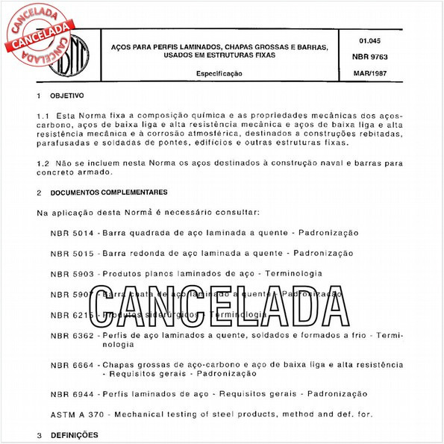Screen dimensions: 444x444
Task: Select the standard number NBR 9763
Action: [x=369, y=57]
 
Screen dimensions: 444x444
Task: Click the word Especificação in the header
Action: [x=219, y=74]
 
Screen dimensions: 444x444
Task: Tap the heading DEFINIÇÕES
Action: [x=74, y=434]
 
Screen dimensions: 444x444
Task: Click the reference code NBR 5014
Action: [x=72, y=233]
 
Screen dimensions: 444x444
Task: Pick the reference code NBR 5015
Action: [x=72, y=253]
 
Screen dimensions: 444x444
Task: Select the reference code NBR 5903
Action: [x=72, y=274]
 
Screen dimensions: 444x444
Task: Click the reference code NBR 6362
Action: [x=72, y=336]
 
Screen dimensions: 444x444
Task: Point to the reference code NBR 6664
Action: [x=72, y=364]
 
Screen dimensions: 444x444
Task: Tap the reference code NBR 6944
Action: [x=72, y=393]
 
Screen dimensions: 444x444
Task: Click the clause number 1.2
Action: [x=43, y=162]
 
